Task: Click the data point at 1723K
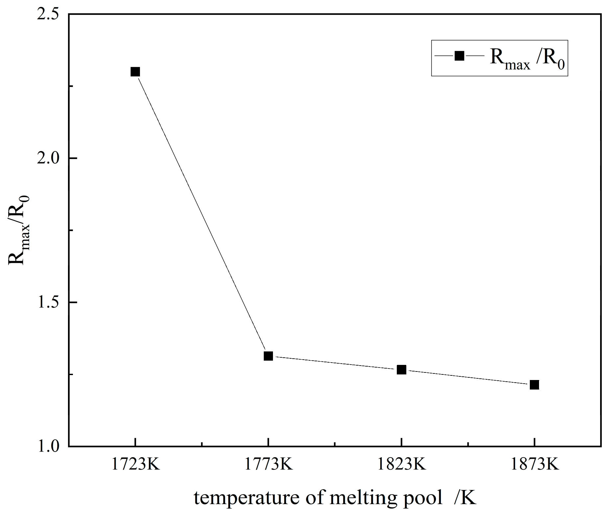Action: click(135, 72)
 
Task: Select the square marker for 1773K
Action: click(268, 356)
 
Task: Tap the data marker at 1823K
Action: click(401, 370)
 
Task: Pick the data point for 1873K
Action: click(534, 385)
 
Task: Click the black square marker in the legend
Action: click(459, 56)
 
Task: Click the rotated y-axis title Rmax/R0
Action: click(19, 230)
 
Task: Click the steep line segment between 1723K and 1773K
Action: click(202, 214)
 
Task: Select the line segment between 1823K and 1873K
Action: click(468, 377)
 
